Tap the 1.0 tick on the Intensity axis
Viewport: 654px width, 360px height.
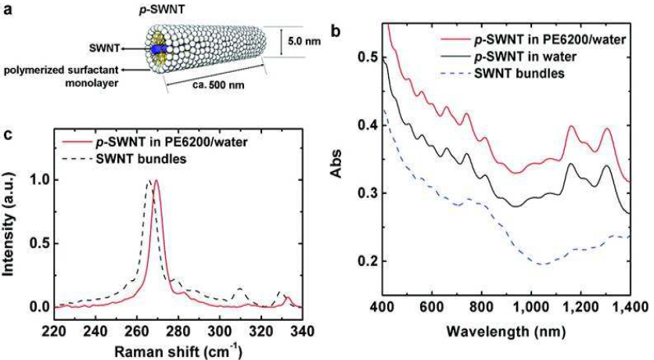click(37, 180)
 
